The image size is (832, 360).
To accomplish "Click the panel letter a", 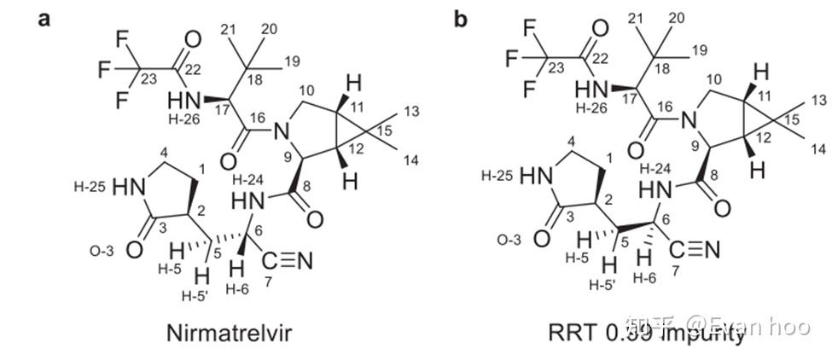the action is (44, 18).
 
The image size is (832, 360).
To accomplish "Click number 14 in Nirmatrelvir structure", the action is (410, 160).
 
